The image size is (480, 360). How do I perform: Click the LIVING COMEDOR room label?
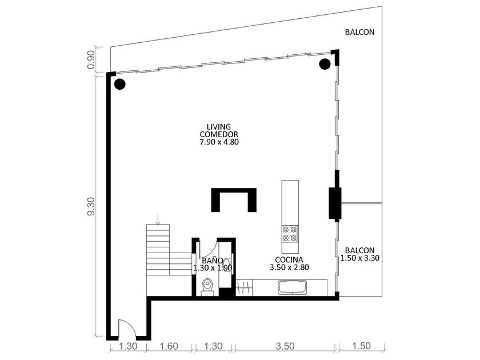click(x=218, y=130)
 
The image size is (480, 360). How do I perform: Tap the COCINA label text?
click(x=289, y=259)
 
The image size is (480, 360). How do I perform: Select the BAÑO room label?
click(x=213, y=261)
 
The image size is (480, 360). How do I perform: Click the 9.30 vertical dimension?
click(x=91, y=207)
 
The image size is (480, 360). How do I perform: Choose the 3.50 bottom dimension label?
click(x=285, y=346)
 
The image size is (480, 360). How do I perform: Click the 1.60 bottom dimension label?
click(x=169, y=346)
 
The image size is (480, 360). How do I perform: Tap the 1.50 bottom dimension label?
click(x=361, y=346)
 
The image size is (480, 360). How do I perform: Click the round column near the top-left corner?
click(x=119, y=84)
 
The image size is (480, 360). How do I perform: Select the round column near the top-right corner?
click(x=325, y=64)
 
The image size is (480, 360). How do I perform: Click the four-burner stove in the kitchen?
click(x=290, y=234)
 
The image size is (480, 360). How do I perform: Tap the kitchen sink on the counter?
click(x=292, y=288)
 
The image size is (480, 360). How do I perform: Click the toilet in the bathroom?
click(x=207, y=287)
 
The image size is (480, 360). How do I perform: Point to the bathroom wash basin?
click(x=227, y=263)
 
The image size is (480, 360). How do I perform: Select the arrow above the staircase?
click(x=158, y=219)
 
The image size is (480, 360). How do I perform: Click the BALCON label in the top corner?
click(x=359, y=32)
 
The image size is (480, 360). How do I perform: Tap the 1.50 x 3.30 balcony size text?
click(x=360, y=258)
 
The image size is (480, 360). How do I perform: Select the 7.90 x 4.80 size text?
click(x=218, y=142)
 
